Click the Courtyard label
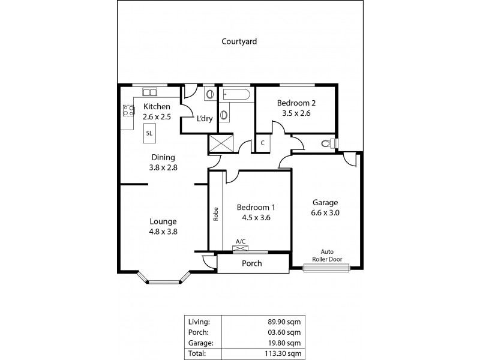pos(239,41)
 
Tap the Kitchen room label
pos(157,107)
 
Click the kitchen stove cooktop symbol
pos(128,110)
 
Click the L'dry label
pos(205,118)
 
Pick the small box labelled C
pos(263,143)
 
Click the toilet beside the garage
pos(328,143)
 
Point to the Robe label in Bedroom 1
pos(215,214)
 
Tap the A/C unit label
pos(241,241)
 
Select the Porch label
pos(251,263)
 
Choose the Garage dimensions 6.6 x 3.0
pos(325,212)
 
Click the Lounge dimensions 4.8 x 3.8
pos(163,231)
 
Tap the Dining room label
pos(163,158)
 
